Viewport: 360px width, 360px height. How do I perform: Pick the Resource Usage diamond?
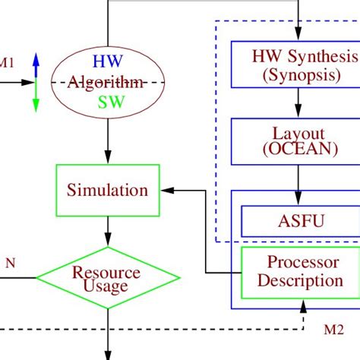point(106,278)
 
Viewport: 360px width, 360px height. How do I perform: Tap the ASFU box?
point(299,223)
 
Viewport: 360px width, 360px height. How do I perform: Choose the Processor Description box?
point(299,271)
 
